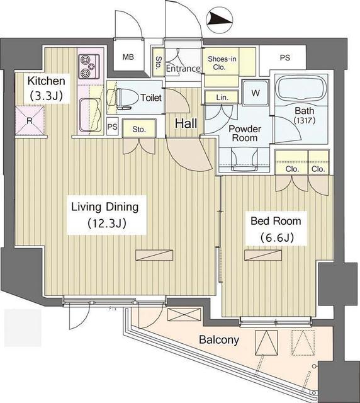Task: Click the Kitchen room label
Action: point(46,81)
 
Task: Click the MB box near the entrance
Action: point(128,57)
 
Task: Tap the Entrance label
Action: point(183,69)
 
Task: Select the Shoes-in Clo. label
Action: point(222,63)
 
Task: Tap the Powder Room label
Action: point(244,133)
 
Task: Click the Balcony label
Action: point(218,340)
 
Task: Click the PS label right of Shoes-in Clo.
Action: point(284,57)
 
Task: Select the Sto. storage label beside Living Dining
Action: point(138,130)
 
